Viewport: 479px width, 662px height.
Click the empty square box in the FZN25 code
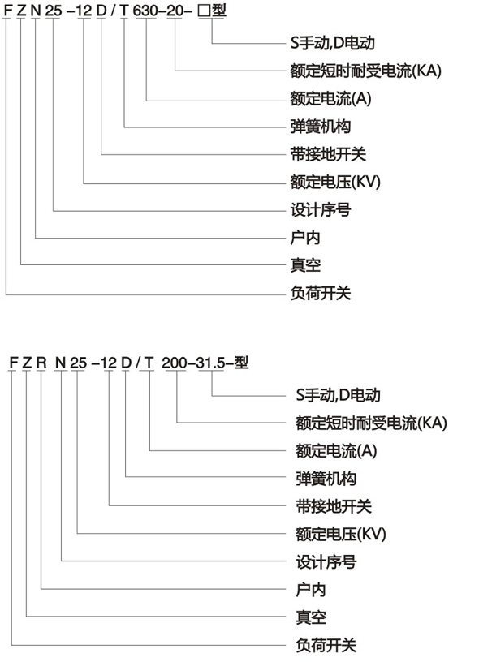pos(205,11)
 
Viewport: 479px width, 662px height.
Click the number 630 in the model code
pos(145,11)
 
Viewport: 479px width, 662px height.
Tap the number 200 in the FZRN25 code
pos(175,363)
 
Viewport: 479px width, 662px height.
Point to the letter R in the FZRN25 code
pos(41,363)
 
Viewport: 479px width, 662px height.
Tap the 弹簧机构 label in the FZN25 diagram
pos(321,127)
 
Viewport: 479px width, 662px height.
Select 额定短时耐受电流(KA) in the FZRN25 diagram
pos(371,423)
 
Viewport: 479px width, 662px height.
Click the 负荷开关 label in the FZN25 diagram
pos(321,293)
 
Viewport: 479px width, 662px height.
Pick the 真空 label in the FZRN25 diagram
pos(311,617)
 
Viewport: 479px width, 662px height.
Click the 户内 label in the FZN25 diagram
pos(305,238)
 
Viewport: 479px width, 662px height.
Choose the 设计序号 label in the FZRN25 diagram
pos(326,562)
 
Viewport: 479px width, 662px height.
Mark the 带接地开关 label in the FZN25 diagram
pos(328,154)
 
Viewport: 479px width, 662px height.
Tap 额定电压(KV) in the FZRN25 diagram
pos(341,534)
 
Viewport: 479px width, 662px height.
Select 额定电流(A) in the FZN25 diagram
pos(330,98)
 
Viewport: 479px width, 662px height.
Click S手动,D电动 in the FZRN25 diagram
pos(338,395)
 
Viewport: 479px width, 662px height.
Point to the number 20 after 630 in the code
pos(174,11)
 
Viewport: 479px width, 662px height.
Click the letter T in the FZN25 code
pos(123,11)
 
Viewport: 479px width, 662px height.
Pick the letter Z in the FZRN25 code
pos(27,363)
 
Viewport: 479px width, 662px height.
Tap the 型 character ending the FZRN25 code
pos(241,363)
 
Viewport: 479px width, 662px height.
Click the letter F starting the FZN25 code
pos(7,11)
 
